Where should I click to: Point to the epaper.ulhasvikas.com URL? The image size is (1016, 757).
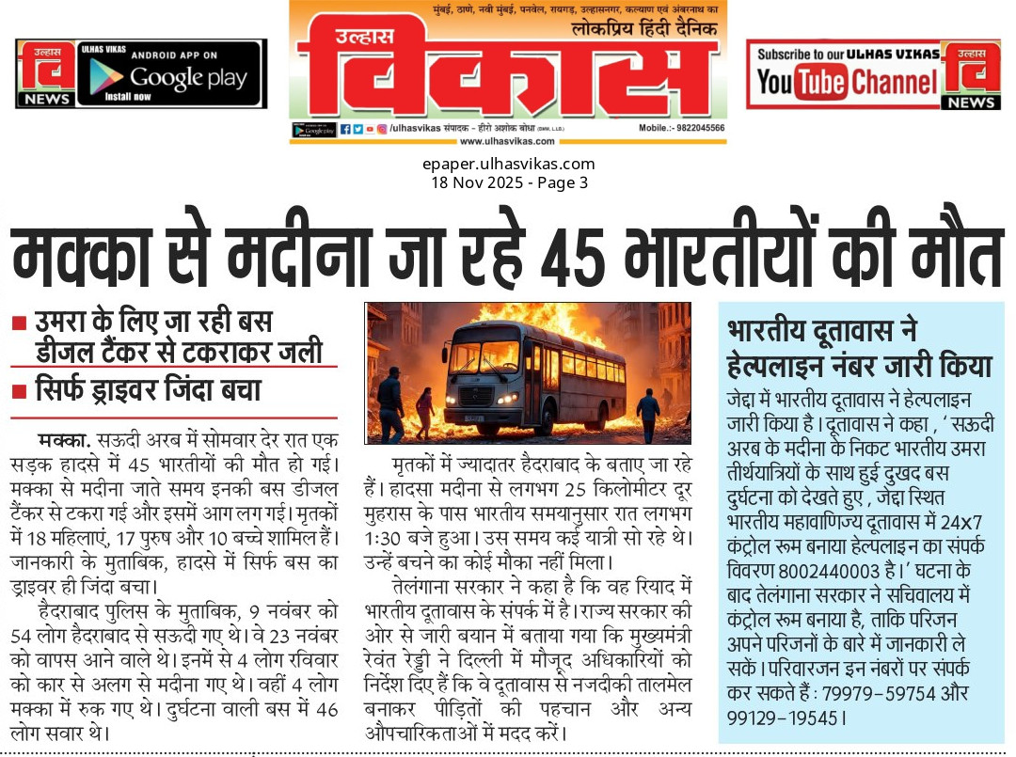[x=508, y=164]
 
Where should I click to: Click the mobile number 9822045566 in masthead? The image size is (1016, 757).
[x=694, y=127]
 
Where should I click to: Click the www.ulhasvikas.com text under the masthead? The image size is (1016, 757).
[x=507, y=141]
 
